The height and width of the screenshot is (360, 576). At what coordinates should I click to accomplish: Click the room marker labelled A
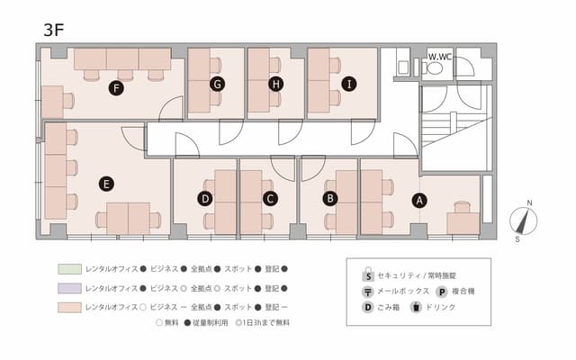418,201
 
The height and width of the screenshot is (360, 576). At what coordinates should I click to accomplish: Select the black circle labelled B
330,197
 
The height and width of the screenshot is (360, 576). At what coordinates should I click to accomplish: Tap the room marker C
269,197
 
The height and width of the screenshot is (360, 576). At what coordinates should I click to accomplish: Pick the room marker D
205,197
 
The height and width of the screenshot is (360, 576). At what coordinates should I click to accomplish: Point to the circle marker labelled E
106,184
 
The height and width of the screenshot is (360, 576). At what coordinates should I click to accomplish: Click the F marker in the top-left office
115,87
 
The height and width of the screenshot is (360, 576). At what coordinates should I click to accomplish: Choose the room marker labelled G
217,84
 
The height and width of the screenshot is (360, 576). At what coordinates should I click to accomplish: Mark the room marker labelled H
276,84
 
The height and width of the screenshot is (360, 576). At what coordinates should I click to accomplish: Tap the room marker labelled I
348,84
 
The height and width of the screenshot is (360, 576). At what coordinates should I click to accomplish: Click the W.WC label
440,57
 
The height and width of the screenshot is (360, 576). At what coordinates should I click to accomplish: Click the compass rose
522,220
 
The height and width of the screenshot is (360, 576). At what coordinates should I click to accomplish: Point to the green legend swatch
69,269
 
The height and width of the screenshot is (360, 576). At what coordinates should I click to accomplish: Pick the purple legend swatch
69,288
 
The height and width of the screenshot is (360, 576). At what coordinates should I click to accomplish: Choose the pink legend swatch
69,307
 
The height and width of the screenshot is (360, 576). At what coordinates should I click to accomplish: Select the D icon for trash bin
367,308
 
